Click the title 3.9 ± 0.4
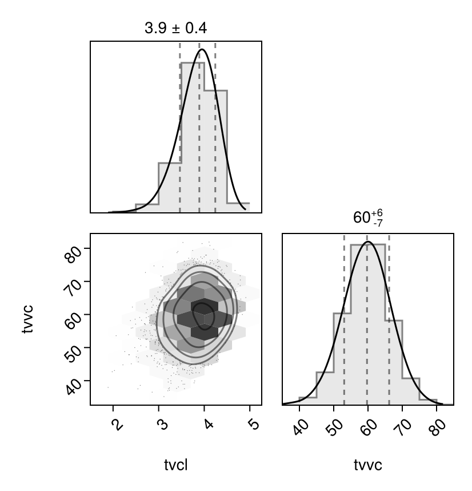(x=176, y=28)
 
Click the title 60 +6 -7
(x=367, y=219)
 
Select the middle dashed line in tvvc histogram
(x=367, y=320)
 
